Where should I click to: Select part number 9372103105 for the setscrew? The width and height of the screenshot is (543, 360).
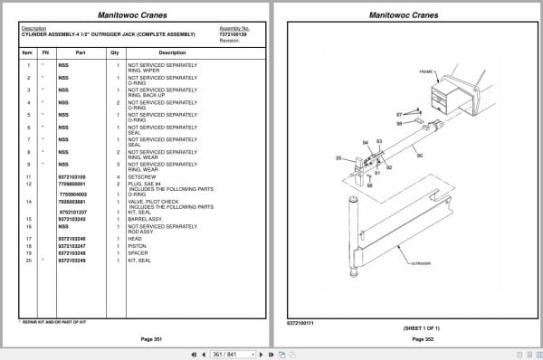(71, 176)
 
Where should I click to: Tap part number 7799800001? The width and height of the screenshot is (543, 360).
(71, 184)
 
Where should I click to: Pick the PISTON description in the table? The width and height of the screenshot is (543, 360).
(138, 245)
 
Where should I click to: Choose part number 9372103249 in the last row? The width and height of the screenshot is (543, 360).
(71, 261)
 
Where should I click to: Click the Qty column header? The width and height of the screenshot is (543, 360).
(115, 52)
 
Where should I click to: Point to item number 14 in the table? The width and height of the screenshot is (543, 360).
(28, 202)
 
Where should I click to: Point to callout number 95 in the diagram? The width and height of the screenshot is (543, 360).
(338, 158)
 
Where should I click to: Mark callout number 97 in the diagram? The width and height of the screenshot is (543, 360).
(399, 115)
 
